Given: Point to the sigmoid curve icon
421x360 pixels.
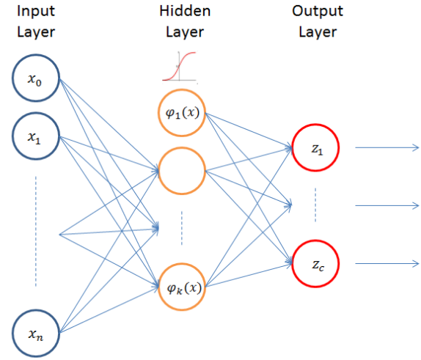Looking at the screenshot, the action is (x=180, y=66).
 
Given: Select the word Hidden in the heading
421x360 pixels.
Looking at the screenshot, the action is (x=185, y=11).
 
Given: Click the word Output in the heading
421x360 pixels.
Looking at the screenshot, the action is (x=318, y=12).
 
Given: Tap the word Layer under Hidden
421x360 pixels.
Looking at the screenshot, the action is (x=185, y=33).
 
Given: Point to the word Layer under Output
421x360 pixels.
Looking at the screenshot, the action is (x=318, y=33).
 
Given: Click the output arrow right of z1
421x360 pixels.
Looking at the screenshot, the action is (x=387, y=147).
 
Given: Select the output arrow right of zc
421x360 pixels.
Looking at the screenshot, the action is (x=387, y=264).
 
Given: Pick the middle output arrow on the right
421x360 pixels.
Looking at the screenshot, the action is (x=387, y=205).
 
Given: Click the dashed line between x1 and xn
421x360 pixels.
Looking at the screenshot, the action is (x=36, y=232).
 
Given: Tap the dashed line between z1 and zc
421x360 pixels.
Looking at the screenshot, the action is (x=315, y=205).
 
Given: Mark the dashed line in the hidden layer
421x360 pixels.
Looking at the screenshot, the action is (x=182, y=228).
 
